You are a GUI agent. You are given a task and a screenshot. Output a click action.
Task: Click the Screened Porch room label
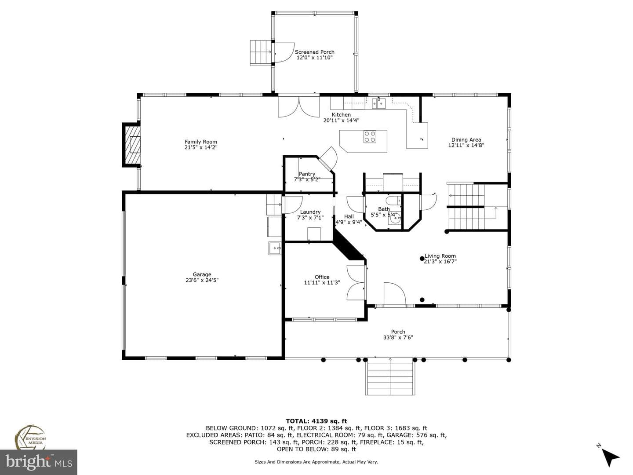point(314,52)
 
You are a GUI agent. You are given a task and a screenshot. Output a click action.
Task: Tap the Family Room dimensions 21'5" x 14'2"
point(201,147)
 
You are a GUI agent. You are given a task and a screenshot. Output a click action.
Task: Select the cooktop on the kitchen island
point(369,137)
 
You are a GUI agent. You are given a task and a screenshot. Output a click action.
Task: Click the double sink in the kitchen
point(378,103)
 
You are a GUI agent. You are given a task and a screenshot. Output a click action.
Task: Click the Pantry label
point(307,174)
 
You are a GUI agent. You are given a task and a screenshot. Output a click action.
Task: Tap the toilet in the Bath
point(393,200)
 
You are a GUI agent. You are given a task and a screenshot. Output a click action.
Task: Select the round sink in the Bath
point(394,219)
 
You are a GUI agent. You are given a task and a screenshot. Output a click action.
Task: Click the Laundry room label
point(310,212)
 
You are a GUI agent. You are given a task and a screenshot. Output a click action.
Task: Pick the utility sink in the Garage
point(275,248)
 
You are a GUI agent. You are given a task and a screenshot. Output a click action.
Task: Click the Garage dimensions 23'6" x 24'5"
point(202,280)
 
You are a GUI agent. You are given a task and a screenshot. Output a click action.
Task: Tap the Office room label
point(322,277)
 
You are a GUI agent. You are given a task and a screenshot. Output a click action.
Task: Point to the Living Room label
point(440,256)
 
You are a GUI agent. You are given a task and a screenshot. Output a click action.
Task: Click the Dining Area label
point(466,139)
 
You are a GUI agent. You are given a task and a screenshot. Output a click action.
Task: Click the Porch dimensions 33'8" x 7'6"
point(398,337)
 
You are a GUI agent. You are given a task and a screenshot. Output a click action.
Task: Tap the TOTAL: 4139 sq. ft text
point(316,421)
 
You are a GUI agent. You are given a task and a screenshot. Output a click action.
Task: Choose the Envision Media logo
point(30,437)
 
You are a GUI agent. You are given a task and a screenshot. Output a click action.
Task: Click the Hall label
point(349,216)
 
